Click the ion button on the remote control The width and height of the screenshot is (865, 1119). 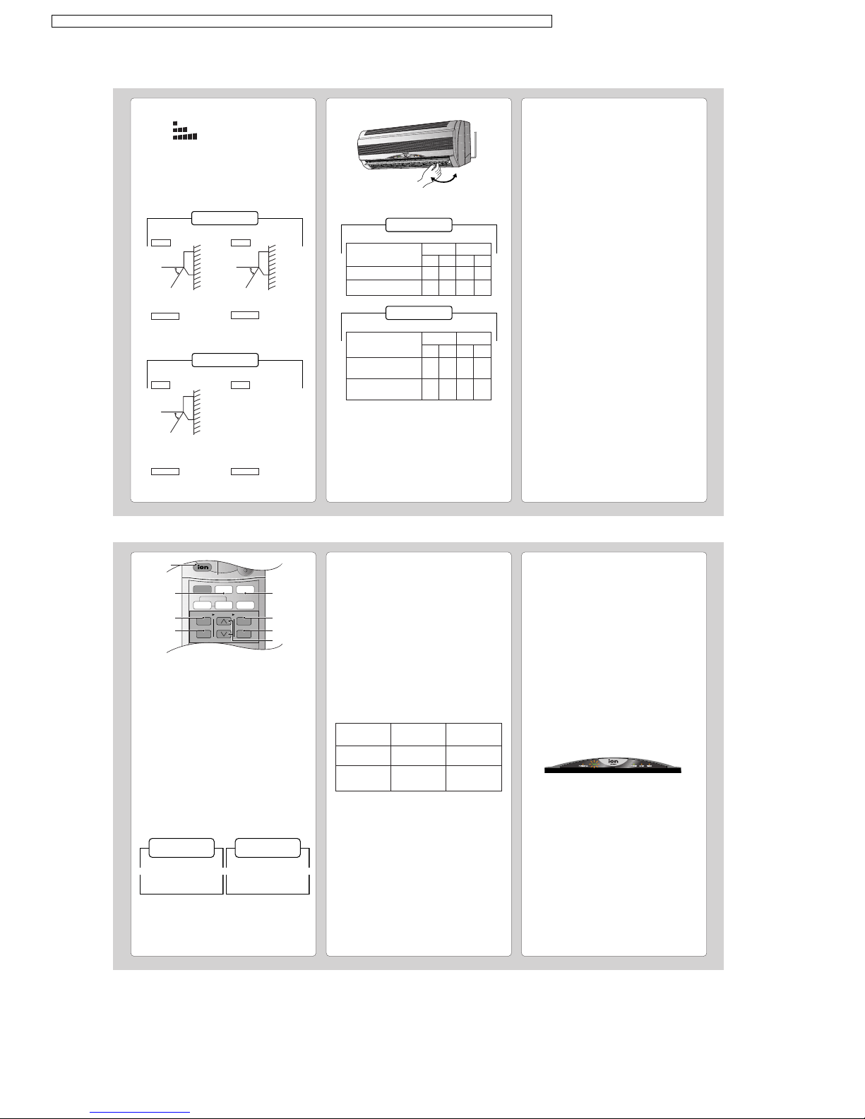pyautogui.click(x=203, y=567)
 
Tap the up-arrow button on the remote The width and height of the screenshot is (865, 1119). pyautogui.click(x=223, y=621)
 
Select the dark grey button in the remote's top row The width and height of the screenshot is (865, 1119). pyautogui.click(x=202, y=590)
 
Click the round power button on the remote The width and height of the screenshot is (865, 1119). pyautogui.click(x=246, y=570)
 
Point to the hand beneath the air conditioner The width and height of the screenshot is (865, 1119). pyautogui.click(x=431, y=175)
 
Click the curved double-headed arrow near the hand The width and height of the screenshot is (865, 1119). pyautogui.click(x=444, y=179)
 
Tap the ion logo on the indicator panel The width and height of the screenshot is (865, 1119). pyautogui.click(x=613, y=761)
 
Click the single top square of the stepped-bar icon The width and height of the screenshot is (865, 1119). pyautogui.click(x=175, y=124)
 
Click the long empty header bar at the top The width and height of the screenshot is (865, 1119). pyautogui.click(x=302, y=21)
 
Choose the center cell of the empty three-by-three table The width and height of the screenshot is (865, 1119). pyautogui.click(x=418, y=755)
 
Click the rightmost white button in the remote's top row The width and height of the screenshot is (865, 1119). pyautogui.click(x=245, y=590)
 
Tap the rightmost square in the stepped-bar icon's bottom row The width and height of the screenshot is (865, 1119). pyautogui.click(x=195, y=137)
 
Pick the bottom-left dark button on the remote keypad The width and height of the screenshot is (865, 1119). pyautogui.click(x=204, y=634)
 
